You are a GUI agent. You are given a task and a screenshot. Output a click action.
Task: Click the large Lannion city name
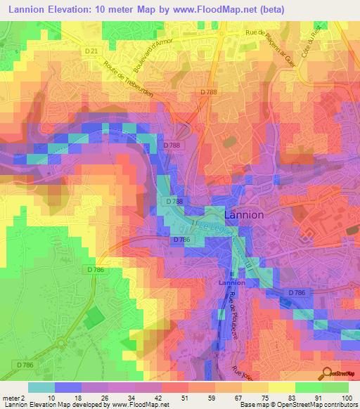(x=243, y=215)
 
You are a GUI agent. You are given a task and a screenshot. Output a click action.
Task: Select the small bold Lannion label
(x=231, y=282)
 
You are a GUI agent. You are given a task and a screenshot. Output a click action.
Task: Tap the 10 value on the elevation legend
(x=51, y=397)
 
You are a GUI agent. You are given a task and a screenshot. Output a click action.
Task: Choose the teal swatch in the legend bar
(x=41, y=387)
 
